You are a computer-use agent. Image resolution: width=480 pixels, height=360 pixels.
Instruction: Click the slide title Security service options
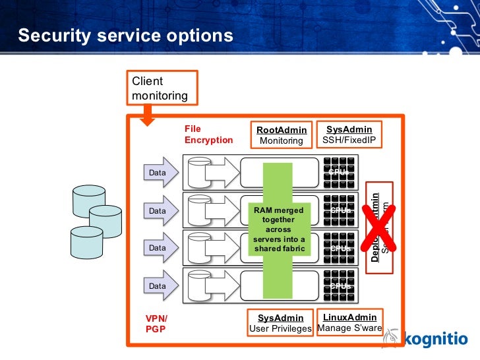[x=125, y=36]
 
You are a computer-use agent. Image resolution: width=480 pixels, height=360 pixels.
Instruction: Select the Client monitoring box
[x=161, y=89]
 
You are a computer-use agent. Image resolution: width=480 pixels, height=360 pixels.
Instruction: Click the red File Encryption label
[x=208, y=135]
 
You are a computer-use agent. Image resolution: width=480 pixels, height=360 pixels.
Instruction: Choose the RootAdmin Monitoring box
[x=281, y=135]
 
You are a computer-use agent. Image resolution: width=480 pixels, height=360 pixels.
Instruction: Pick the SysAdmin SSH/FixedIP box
[x=349, y=135]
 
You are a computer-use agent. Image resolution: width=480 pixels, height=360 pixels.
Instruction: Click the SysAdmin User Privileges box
[x=280, y=323]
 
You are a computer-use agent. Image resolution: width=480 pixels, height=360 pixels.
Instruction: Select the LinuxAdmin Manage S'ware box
[x=350, y=322]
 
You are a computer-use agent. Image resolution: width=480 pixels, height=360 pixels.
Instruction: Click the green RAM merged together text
[x=280, y=229]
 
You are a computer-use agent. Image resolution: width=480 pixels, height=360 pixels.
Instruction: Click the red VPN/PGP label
[x=156, y=323]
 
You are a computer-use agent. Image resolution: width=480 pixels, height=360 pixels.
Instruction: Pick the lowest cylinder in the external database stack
[x=86, y=241]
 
